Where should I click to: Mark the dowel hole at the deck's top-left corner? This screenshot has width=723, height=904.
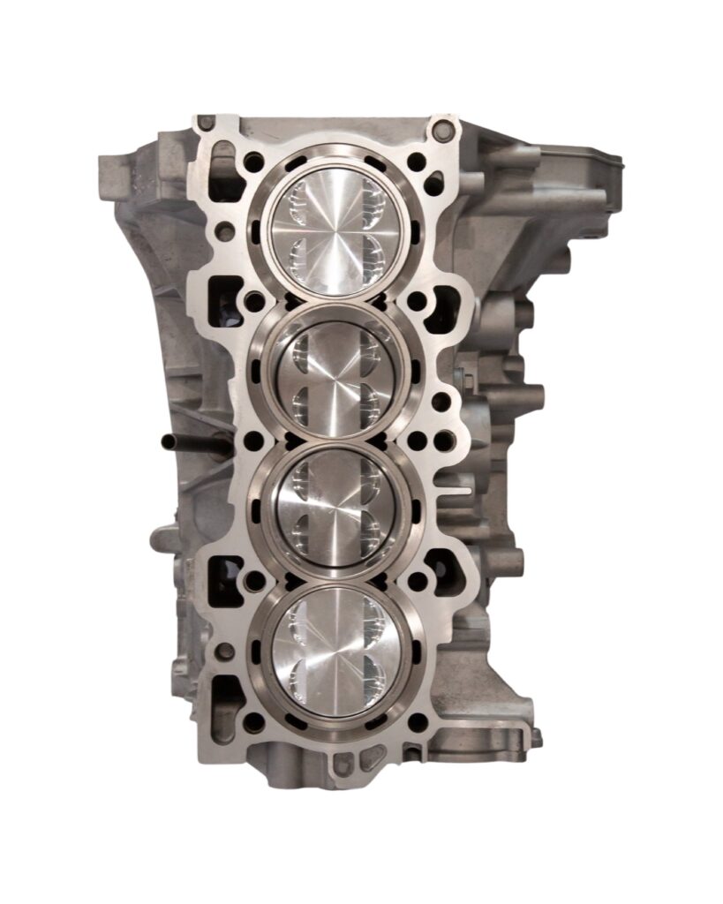coord(206,122)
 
